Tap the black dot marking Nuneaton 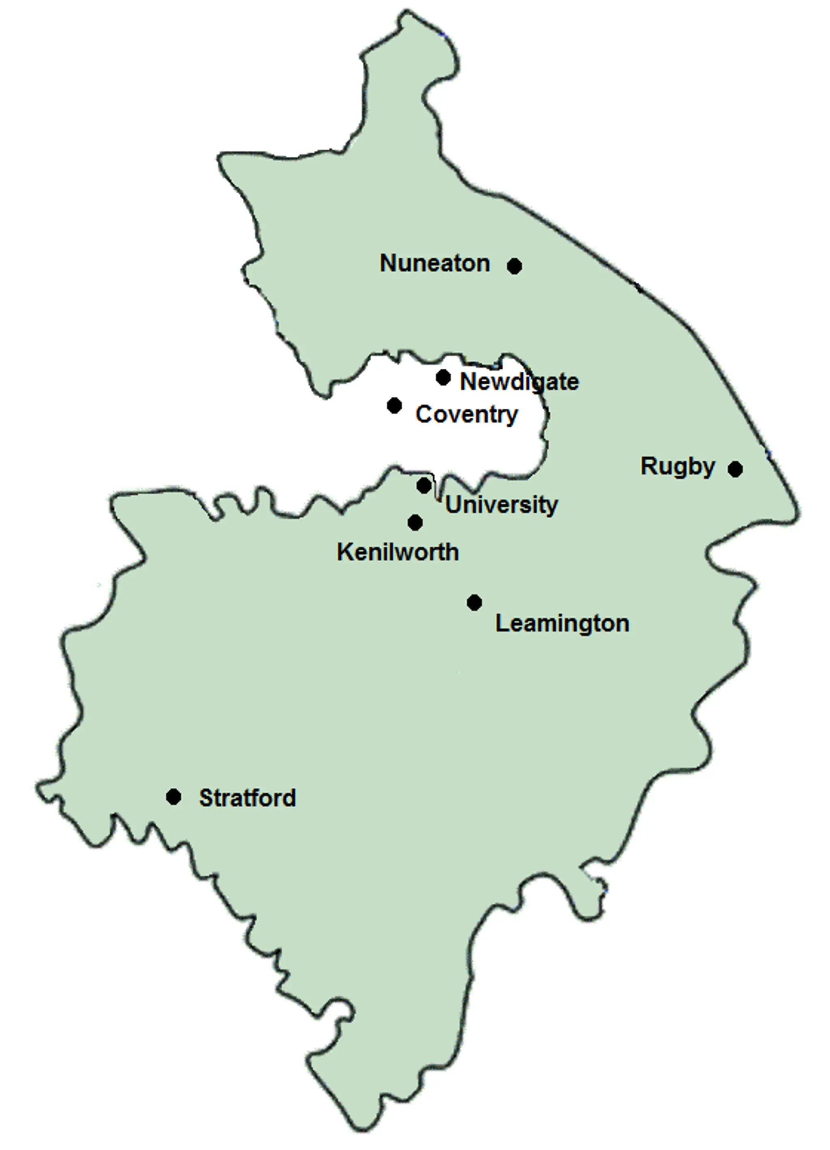tap(515, 266)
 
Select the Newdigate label tap(519, 382)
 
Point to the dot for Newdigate tap(443, 377)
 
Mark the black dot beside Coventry tap(394, 405)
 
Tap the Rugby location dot tap(735, 469)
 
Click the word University tap(501, 504)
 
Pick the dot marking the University tap(424, 486)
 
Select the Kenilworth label tap(398, 551)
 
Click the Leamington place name tap(562, 623)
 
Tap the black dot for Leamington tap(474, 603)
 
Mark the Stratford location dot tap(173, 797)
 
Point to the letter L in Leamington tap(501, 623)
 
